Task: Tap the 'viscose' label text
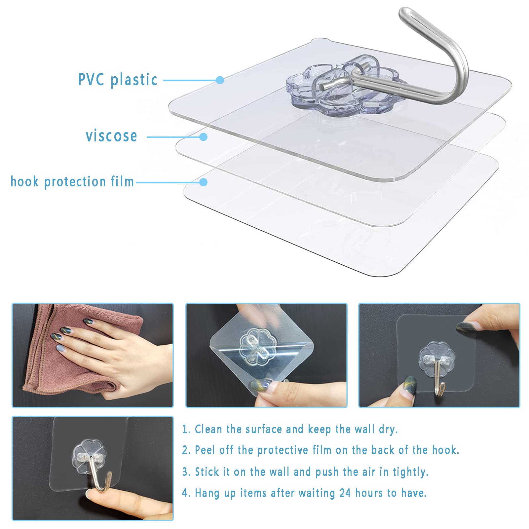(x=111, y=136)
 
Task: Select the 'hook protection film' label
(x=72, y=182)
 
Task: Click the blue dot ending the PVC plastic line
(x=220, y=80)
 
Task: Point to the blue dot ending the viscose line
(x=203, y=137)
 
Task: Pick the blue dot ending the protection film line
(x=203, y=182)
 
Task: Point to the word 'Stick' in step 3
(x=207, y=472)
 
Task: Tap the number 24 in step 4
(x=345, y=493)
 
